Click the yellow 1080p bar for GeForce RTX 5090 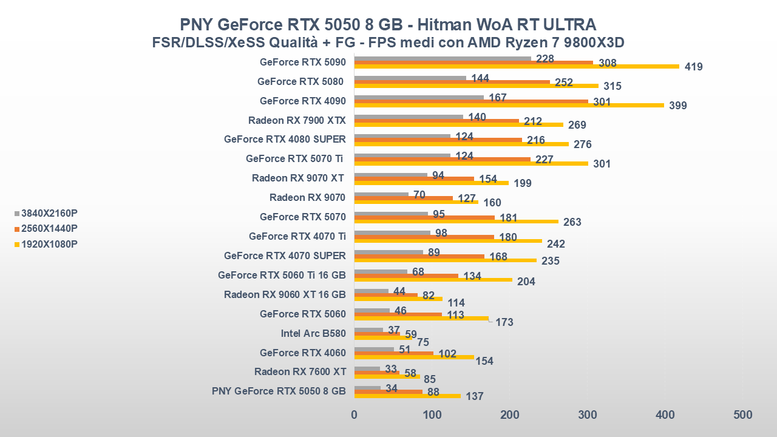click(x=516, y=67)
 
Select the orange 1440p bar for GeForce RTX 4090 click(x=470, y=101)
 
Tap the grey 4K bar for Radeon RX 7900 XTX click(x=408, y=117)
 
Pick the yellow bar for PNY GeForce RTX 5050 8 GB click(x=407, y=396)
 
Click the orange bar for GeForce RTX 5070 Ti click(x=442, y=160)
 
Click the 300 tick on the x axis click(x=587, y=415)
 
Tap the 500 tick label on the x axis click(x=742, y=415)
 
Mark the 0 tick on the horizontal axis click(x=355, y=415)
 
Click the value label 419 click(x=693, y=67)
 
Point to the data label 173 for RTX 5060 click(x=504, y=322)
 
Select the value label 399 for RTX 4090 click(x=677, y=106)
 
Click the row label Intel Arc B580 click(x=313, y=333)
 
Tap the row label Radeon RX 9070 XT click(x=299, y=178)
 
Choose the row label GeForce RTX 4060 click(x=302, y=353)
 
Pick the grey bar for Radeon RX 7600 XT click(x=367, y=368)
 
